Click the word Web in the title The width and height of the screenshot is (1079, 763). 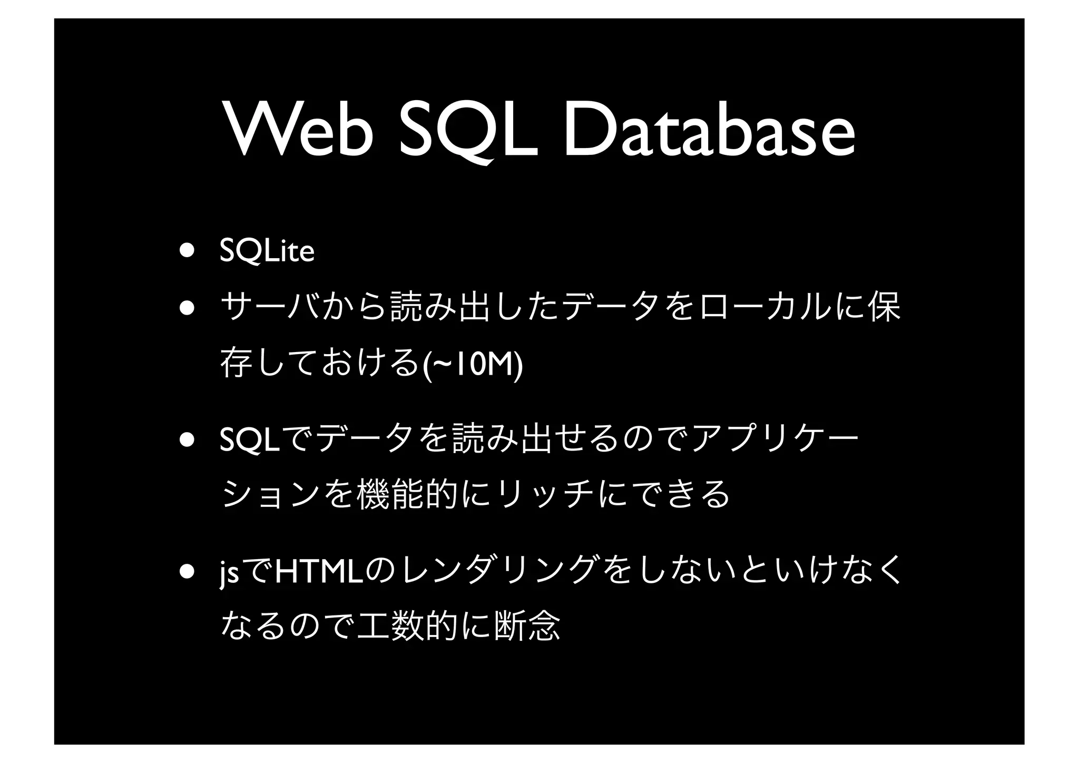coord(298,130)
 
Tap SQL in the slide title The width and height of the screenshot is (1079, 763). coord(468,130)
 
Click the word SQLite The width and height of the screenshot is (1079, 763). coord(267,251)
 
